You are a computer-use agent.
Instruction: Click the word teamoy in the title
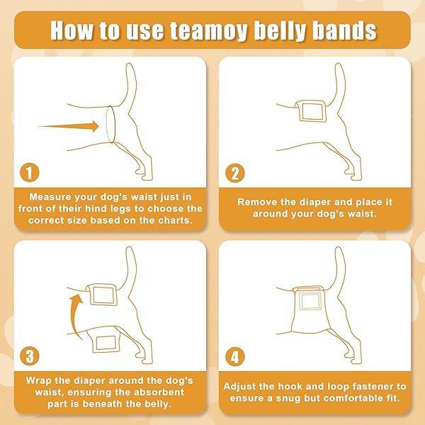(x=209, y=30)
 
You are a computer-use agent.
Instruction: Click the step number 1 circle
(x=30, y=172)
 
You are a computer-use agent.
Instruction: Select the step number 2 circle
(x=235, y=173)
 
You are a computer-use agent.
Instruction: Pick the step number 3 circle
(x=30, y=356)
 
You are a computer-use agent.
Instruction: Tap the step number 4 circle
(x=235, y=357)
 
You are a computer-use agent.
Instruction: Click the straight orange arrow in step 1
(x=69, y=126)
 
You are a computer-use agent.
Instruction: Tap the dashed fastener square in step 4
(x=310, y=300)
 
